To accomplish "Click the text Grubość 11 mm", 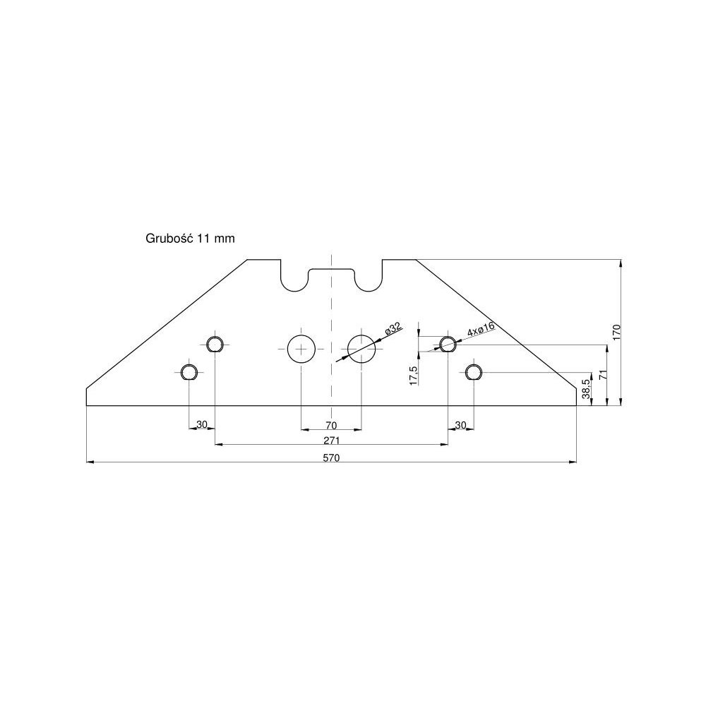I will pyautogui.click(x=189, y=239).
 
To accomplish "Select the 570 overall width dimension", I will pyautogui.click(x=332, y=457).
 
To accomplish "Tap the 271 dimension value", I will pyautogui.click(x=332, y=440).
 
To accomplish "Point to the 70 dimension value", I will pyautogui.click(x=331, y=425).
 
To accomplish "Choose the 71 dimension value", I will pyautogui.click(x=602, y=375).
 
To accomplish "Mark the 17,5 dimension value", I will pyautogui.click(x=413, y=376).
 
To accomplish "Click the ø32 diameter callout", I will pyautogui.click(x=393, y=329).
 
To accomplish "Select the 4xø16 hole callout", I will pyautogui.click(x=480, y=328).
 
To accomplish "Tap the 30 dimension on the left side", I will pyautogui.click(x=202, y=425).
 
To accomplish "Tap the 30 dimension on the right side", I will pyautogui.click(x=461, y=425).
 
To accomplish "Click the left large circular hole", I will pyautogui.click(x=301, y=349).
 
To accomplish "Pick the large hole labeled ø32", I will pyautogui.click(x=361, y=349).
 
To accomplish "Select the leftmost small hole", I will pyautogui.click(x=189, y=372).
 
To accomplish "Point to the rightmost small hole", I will pyautogui.click(x=473, y=371).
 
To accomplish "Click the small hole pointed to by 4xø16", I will pyautogui.click(x=448, y=344).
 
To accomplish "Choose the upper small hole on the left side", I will pyautogui.click(x=215, y=344).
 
